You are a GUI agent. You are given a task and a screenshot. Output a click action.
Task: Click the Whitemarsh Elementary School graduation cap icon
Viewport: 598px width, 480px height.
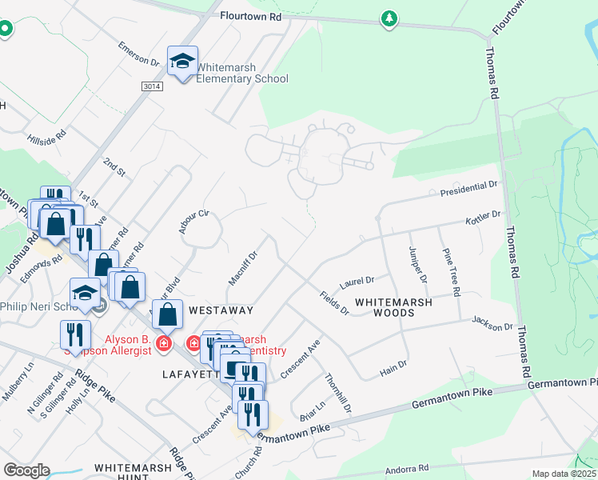[x=182, y=61]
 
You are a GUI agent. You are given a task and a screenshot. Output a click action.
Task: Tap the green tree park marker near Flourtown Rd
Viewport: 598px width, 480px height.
[x=389, y=18]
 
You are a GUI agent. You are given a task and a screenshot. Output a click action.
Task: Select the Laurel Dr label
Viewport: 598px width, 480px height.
[x=357, y=282]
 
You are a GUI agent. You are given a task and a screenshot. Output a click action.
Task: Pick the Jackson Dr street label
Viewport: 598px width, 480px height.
[x=492, y=326]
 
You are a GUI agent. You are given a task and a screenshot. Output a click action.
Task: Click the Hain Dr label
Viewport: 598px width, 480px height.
[x=393, y=364]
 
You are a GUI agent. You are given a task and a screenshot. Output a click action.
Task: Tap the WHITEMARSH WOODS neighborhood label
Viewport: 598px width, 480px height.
[x=395, y=307]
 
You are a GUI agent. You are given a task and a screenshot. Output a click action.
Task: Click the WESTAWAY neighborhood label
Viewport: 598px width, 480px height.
[x=221, y=310]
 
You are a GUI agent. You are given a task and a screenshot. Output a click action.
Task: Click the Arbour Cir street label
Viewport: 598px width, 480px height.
[x=193, y=221]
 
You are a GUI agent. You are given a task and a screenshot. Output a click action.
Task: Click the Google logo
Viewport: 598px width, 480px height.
[x=26, y=470]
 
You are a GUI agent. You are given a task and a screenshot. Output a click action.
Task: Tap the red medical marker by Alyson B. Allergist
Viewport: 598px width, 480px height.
[x=164, y=343]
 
